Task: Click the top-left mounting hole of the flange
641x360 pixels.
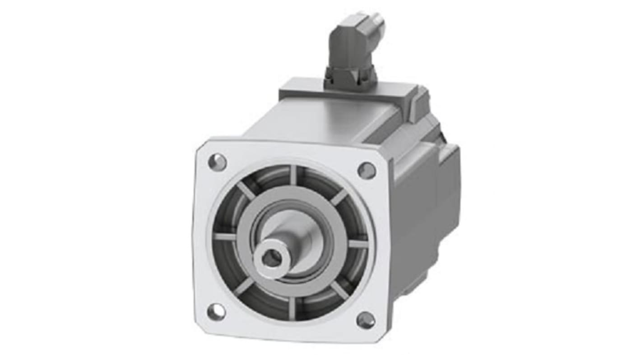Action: [217, 162]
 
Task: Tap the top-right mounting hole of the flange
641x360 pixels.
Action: [366, 171]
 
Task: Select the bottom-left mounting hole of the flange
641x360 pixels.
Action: [216, 311]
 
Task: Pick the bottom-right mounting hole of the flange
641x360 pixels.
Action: [365, 320]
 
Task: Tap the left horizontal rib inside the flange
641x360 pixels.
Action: [225, 236]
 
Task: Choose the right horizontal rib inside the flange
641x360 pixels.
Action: [358, 244]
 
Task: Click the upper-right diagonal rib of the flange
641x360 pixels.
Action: [339, 197]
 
